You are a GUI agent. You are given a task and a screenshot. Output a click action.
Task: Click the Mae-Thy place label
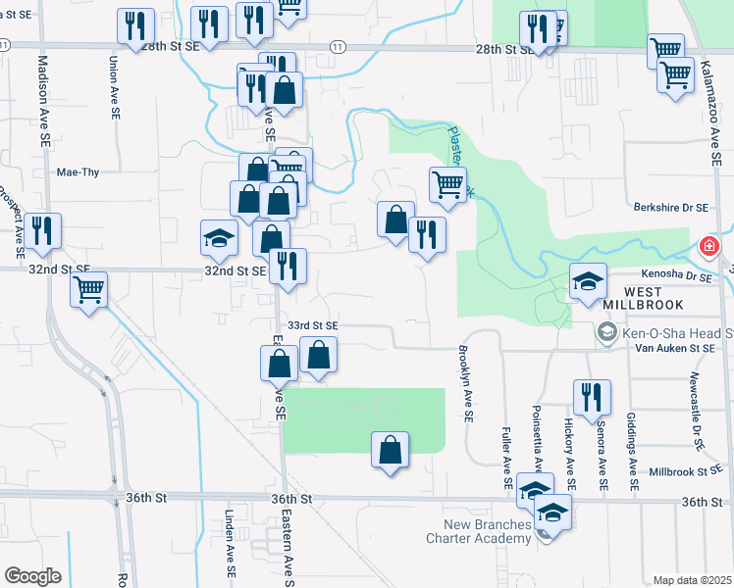(x=79, y=171)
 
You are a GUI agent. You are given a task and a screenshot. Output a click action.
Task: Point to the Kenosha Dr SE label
(x=676, y=276)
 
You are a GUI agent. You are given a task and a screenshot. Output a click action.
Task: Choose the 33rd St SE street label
(x=312, y=324)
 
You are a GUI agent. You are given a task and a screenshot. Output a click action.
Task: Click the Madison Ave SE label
(x=43, y=100)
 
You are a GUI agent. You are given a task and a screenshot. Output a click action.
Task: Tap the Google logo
(x=32, y=576)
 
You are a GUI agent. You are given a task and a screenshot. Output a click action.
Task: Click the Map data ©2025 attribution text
(x=691, y=580)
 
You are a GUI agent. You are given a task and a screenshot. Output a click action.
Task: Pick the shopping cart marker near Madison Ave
(x=89, y=290)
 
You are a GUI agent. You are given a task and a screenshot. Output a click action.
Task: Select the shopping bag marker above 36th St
(x=390, y=450)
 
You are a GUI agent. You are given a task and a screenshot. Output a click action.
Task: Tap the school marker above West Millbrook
(x=589, y=281)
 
